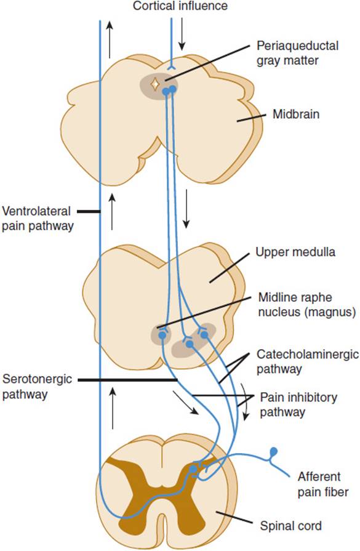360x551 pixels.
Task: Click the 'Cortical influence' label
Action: [x=180, y=6]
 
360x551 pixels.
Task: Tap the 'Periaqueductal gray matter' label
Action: [x=297, y=53]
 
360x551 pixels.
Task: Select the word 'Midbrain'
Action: [x=296, y=115]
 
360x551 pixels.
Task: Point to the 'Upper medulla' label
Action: [x=295, y=252]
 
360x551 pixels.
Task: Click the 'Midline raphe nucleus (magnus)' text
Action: [x=307, y=304]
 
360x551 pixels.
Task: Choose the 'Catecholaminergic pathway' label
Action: [x=308, y=361]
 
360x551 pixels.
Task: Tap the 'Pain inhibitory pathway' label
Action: [x=298, y=404]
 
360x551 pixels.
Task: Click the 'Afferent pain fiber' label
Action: [x=323, y=485]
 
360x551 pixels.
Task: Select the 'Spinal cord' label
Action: [x=290, y=526]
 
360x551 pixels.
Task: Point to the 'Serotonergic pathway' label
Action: [x=37, y=386]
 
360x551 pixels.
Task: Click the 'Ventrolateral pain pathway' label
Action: [x=38, y=218]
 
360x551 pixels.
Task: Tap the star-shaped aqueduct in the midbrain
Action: [x=154, y=84]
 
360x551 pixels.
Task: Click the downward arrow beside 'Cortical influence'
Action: [x=182, y=34]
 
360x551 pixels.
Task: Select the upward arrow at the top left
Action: [x=110, y=39]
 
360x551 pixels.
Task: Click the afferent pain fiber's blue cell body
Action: [x=274, y=451]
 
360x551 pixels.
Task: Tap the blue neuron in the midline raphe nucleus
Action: [x=162, y=335]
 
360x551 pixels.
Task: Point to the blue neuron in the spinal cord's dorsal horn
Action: [x=193, y=469]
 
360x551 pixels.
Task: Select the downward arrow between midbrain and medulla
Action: [x=186, y=209]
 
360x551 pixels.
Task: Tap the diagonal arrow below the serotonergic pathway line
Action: [x=186, y=403]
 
